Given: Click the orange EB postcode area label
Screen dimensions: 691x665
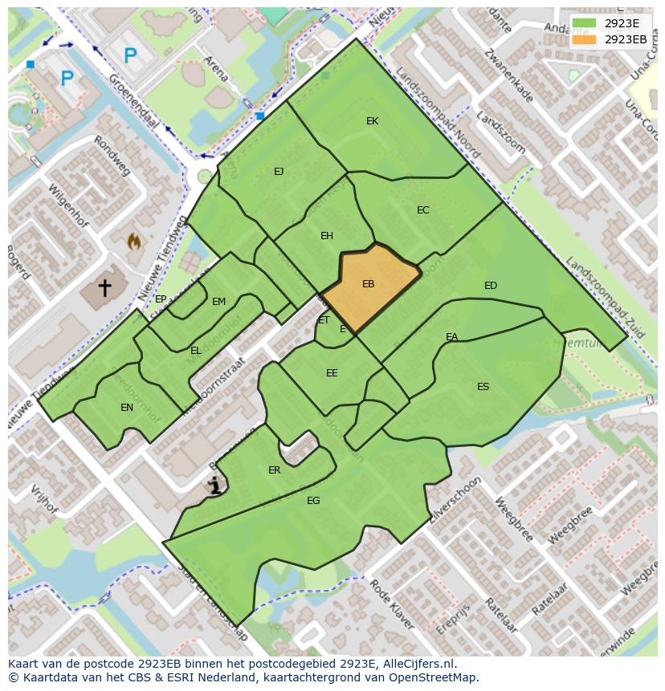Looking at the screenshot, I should [368, 284].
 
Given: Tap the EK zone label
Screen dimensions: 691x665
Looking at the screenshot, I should [372, 121].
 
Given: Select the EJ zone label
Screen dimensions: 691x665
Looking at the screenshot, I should [279, 172].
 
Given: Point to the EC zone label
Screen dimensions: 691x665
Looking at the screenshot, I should [422, 210].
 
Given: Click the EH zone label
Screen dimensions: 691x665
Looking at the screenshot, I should [326, 236].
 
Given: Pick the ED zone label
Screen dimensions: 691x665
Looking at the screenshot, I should [490, 286].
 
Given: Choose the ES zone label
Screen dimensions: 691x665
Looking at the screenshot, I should [483, 387].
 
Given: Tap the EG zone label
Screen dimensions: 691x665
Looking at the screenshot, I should [313, 501].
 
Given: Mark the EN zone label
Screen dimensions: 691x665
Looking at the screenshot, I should [127, 408].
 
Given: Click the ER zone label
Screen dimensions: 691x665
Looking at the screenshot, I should [274, 470].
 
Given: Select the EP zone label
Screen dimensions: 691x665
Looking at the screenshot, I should [161, 299].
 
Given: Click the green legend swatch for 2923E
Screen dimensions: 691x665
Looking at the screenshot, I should [585, 23].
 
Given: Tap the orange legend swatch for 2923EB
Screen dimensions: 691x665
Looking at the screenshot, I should [585, 39].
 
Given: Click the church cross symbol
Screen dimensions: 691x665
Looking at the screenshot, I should [104, 287].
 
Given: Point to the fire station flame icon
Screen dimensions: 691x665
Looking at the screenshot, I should [134, 240].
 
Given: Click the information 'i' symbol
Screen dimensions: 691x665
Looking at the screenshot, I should [214, 484].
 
